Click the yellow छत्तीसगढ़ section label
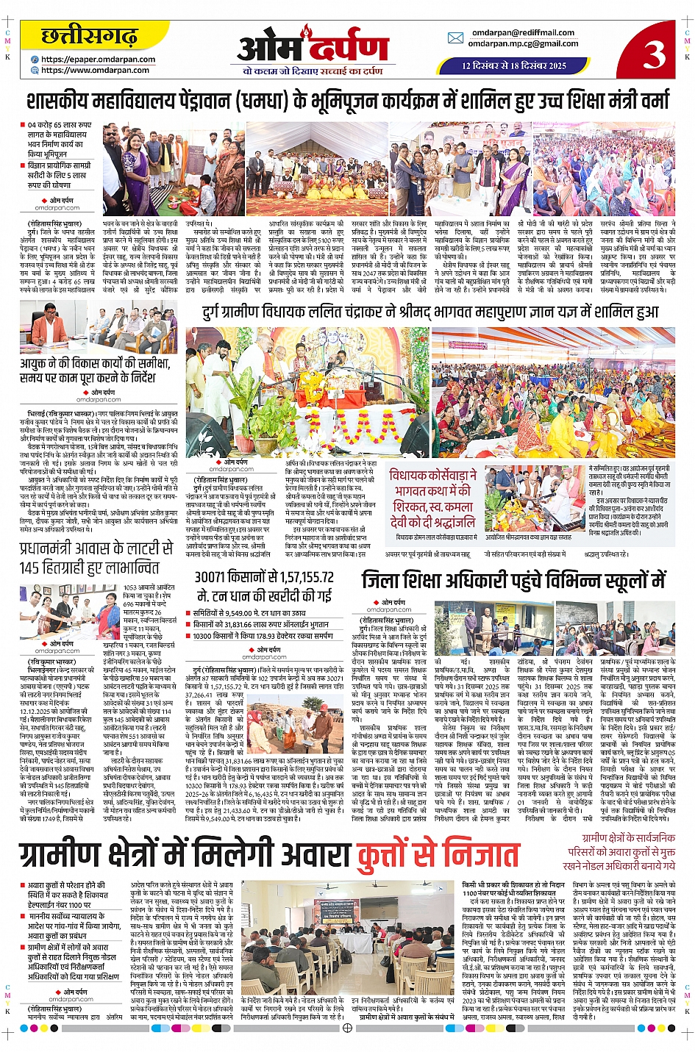pyautogui.click(x=89, y=36)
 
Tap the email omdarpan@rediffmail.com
pyautogui.click(x=523, y=32)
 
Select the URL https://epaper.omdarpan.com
pyautogui.click(x=98, y=60)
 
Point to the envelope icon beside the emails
pyautogui.click(x=456, y=38)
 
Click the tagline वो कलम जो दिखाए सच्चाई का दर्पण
pyautogui.click(x=313, y=71)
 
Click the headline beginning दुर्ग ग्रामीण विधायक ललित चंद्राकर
pyautogui.click(x=430, y=313)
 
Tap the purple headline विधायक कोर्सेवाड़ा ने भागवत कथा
pyautogui.click(x=433, y=499)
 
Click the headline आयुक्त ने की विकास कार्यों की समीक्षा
pyautogui.click(x=96, y=371)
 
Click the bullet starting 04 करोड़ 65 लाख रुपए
pyautogui.click(x=60, y=140)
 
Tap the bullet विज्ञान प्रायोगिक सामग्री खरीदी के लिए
pyautogui.click(x=60, y=176)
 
